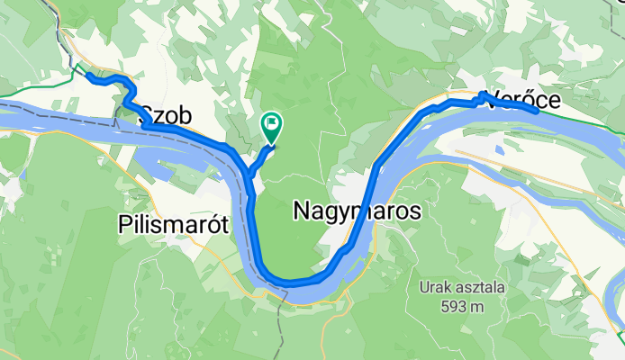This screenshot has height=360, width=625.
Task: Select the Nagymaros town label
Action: click(x=358, y=210)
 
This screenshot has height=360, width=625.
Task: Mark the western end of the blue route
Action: click(x=88, y=76)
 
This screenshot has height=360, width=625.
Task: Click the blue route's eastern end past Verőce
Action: click(x=537, y=112)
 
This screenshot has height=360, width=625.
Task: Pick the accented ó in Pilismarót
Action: click(x=219, y=224)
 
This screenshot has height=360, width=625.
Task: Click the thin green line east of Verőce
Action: click(x=585, y=123)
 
